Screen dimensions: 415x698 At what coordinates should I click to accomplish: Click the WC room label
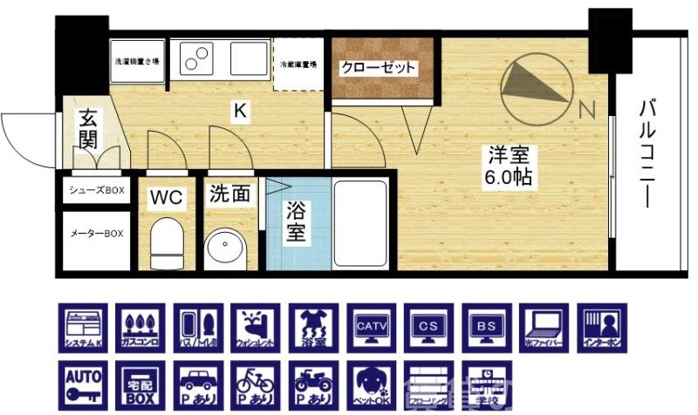[166, 198]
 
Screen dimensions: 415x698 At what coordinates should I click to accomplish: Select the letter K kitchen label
[238, 111]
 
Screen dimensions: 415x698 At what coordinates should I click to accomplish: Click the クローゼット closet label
[378, 67]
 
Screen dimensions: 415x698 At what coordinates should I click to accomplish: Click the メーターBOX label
[97, 234]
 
